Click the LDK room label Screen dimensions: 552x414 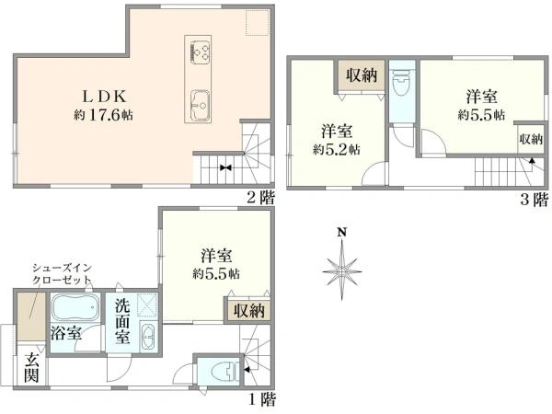[104, 96]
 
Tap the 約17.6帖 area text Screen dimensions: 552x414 [103, 114]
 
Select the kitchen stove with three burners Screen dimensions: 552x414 [200, 51]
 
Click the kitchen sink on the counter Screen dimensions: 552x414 [200, 105]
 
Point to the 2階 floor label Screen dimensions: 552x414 [260, 198]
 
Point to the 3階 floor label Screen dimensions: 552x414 [535, 200]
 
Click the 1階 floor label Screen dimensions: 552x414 [262, 399]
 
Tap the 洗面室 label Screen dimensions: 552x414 [123, 322]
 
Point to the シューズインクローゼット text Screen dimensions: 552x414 [62, 274]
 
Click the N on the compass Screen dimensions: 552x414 [340, 233]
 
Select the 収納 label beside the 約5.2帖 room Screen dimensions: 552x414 [362, 75]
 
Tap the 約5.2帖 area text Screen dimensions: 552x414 [337, 150]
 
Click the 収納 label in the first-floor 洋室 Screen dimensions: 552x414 [249, 311]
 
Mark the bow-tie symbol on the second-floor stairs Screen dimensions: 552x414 [225, 167]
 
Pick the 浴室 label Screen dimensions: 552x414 [66, 333]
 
